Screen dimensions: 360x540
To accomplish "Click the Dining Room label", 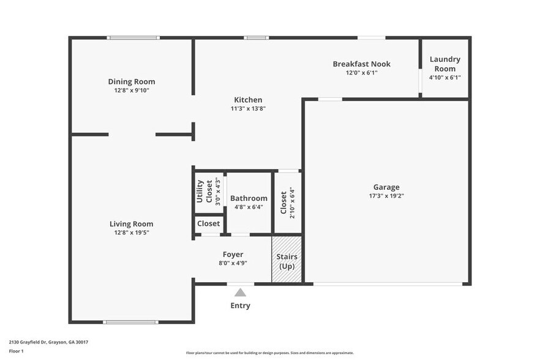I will [x=132, y=81].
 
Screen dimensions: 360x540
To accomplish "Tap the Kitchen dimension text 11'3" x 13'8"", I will [x=248, y=108].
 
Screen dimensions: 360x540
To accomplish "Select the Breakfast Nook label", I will [x=361, y=64].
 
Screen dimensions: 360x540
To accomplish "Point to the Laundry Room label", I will [x=444, y=64].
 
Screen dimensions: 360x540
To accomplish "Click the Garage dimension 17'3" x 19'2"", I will [x=386, y=196].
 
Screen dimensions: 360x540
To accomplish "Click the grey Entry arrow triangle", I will [x=240, y=293].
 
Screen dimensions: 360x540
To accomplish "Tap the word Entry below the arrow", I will [x=240, y=306].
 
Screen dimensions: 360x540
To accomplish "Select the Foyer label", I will [x=233, y=254].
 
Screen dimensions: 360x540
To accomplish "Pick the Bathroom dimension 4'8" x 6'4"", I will [x=249, y=207].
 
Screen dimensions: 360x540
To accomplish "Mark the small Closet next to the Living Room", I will [x=208, y=224].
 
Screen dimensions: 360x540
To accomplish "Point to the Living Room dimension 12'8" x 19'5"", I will [x=131, y=233].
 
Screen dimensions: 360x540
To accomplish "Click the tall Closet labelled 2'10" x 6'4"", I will [x=287, y=202].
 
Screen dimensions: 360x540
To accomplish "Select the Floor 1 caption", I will [x=17, y=351].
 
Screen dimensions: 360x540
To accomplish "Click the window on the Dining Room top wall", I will [x=133, y=38].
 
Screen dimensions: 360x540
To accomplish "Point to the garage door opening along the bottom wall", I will [x=388, y=283].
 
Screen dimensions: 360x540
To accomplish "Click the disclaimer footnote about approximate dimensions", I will [x=269, y=353].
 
